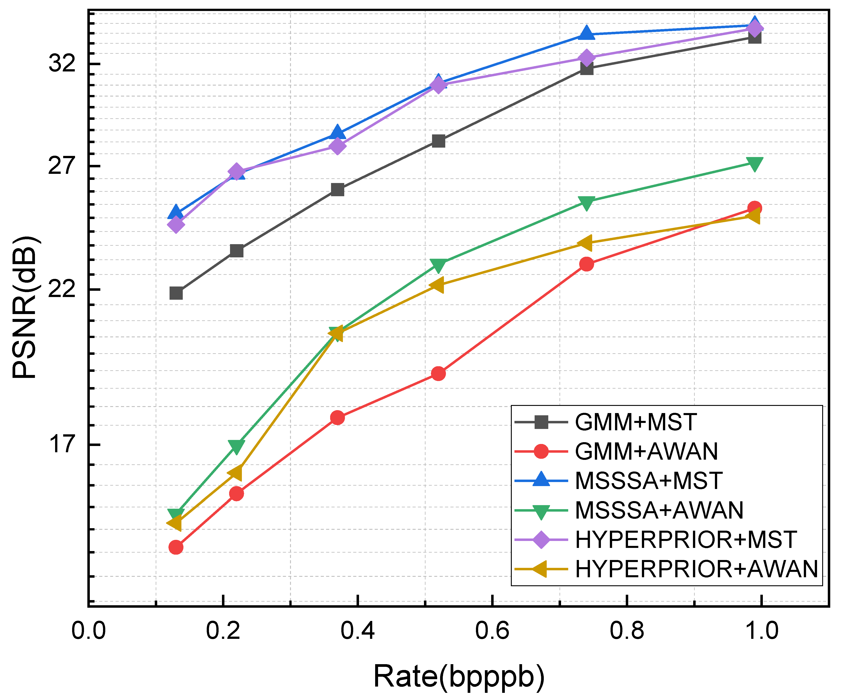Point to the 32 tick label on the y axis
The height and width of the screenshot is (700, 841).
pyautogui.click(x=62, y=63)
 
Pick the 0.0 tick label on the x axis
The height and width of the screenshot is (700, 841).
pyautogui.click(x=88, y=631)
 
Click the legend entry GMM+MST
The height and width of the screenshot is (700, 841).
pyautogui.click(x=636, y=422)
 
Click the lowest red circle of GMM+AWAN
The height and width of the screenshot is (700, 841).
pyautogui.click(x=176, y=547)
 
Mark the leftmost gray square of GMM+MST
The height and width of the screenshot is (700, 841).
pyautogui.click(x=176, y=293)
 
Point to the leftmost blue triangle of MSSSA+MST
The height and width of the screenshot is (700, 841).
pyautogui.click(x=176, y=212)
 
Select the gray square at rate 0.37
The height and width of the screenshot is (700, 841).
pyautogui.click(x=338, y=190)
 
